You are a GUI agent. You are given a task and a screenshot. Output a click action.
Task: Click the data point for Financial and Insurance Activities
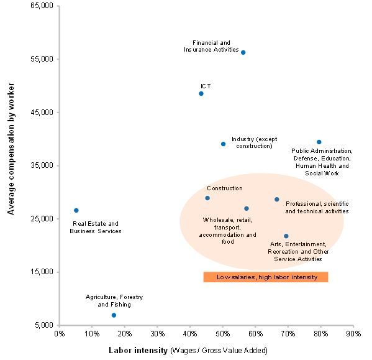[243, 52]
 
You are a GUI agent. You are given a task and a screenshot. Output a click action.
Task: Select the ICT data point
[201, 93]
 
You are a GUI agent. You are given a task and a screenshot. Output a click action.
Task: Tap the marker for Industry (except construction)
[223, 144]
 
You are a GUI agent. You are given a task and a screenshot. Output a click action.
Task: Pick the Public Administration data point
[319, 142]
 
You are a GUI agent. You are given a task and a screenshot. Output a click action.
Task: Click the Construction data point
[207, 198]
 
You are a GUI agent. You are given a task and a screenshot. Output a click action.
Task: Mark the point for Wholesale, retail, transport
[247, 208]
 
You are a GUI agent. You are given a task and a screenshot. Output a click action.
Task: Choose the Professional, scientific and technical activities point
[277, 199]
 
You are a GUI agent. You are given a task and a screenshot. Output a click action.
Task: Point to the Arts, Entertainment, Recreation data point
[286, 236]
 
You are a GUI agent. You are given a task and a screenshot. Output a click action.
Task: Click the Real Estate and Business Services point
[76, 210]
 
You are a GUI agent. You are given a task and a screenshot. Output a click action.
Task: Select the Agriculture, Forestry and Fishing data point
[114, 315]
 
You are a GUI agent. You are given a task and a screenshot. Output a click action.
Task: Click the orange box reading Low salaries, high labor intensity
[266, 277]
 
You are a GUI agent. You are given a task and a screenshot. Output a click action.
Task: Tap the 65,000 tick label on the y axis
[42, 6]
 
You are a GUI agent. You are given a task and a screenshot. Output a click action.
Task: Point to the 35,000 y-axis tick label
[42, 166]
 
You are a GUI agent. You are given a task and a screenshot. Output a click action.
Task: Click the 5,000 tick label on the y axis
[43, 326]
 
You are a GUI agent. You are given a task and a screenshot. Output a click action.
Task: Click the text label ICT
[206, 85]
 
